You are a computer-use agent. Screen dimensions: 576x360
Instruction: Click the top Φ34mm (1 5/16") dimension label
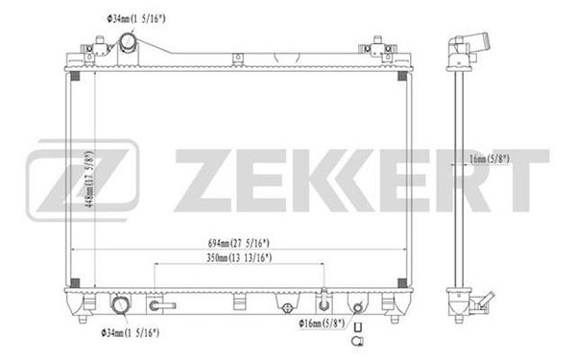[136, 19]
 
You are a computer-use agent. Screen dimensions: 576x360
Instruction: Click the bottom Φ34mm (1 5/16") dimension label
[131, 333]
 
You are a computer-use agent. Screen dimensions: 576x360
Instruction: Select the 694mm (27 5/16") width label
[239, 243]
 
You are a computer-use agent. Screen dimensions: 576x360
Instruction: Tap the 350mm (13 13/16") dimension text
[239, 258]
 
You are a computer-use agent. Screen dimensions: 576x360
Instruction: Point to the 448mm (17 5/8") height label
[89, 180]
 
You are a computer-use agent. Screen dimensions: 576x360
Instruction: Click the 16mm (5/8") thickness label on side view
[490, 158]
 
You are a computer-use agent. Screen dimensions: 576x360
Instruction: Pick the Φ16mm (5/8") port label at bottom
[322, 324]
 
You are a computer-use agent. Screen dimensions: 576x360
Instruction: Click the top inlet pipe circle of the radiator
[128, 41]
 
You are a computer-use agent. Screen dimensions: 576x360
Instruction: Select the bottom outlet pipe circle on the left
[121, 305]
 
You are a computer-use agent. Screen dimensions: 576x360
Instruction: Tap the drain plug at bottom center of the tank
[287, 308]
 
